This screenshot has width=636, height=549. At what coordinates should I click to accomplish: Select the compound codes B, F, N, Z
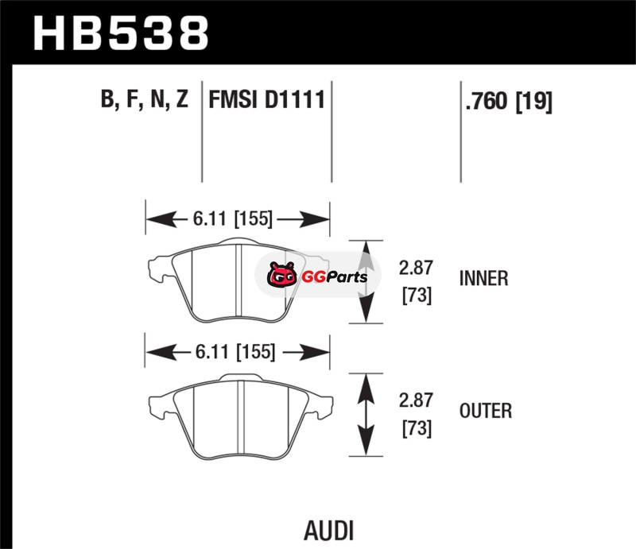click(x=144, y=101)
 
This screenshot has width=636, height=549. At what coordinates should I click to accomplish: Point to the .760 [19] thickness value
click(x=506, y=102)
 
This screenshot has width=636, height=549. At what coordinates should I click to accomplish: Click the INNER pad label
click(x=483, y=279)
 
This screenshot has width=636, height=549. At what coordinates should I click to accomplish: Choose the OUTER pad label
click(x=485, y=411)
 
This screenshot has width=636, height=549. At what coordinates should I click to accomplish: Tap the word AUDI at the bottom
click(x=328, y=529)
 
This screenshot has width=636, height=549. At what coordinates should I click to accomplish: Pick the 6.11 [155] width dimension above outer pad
click(x=236, y=350)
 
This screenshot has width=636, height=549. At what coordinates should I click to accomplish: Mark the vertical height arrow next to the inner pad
click(x=366, y=281)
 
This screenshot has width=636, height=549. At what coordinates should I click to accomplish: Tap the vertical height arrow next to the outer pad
click(x=366, y=413)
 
